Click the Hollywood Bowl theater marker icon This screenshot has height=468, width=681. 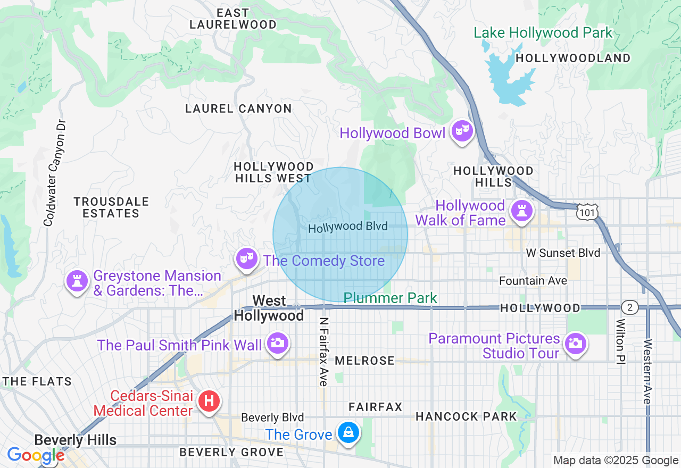(462, 130)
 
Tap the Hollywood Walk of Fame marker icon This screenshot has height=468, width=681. (521, 211)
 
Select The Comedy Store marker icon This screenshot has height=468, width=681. (246, 259)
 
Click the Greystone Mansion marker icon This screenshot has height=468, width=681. (77, 280)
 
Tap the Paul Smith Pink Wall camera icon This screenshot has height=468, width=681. (277, 342)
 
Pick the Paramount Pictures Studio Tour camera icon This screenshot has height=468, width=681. (575, 343)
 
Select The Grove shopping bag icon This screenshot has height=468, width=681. (348, 432)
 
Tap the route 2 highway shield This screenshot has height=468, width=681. (629, 307)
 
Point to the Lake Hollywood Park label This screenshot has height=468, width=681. (543, 33)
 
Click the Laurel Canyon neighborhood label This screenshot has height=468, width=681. (238, 109)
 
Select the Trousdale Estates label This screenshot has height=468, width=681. (111, 207)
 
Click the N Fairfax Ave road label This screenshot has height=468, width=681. (323, 352)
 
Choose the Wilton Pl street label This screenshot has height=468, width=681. (620, 341)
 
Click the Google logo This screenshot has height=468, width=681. (36, 456)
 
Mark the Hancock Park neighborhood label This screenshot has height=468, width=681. (466, 416)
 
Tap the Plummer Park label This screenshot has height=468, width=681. (390, 298)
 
